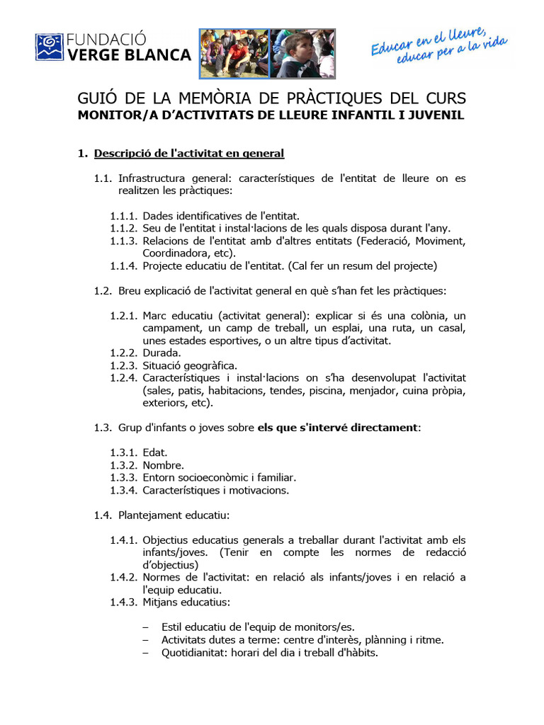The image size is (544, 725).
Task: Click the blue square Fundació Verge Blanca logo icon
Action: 50,45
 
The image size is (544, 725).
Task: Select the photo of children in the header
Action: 267,53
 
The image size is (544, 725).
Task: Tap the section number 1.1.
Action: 103,178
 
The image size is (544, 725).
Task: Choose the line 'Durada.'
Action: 161,352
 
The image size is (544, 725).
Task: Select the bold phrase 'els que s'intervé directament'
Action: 337,428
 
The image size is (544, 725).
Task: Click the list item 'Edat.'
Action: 155,452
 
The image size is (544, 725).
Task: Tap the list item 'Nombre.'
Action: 163,465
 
